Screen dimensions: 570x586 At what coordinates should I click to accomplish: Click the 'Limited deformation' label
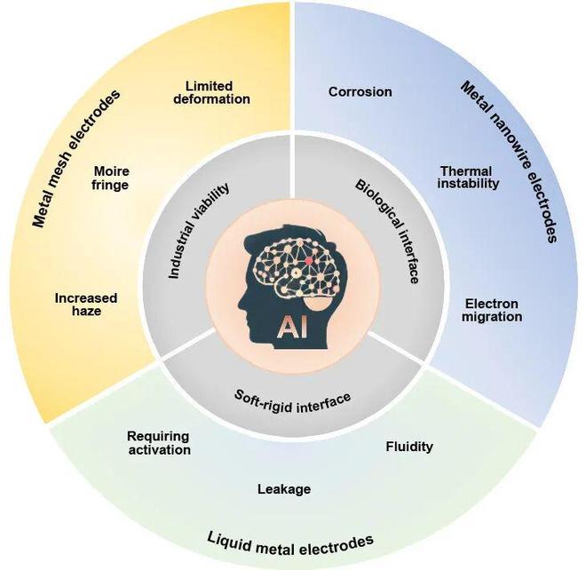coord(218,92)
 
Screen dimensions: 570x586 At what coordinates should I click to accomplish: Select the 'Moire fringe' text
coord(111,178)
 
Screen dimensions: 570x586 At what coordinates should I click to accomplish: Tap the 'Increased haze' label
coord(85,305)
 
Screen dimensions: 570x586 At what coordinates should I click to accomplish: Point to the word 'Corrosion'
coord(360,91)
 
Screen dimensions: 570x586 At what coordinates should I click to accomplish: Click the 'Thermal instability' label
coord(470,177)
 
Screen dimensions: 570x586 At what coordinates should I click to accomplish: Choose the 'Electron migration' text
coord(493,311)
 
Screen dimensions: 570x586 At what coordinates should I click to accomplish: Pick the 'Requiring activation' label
coord(159,442)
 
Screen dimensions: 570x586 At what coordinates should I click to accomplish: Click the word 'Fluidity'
coord(409,446)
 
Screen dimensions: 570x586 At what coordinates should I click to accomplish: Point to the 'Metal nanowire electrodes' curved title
coord(509,160)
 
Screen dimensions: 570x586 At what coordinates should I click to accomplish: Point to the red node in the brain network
coord(308,263)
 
